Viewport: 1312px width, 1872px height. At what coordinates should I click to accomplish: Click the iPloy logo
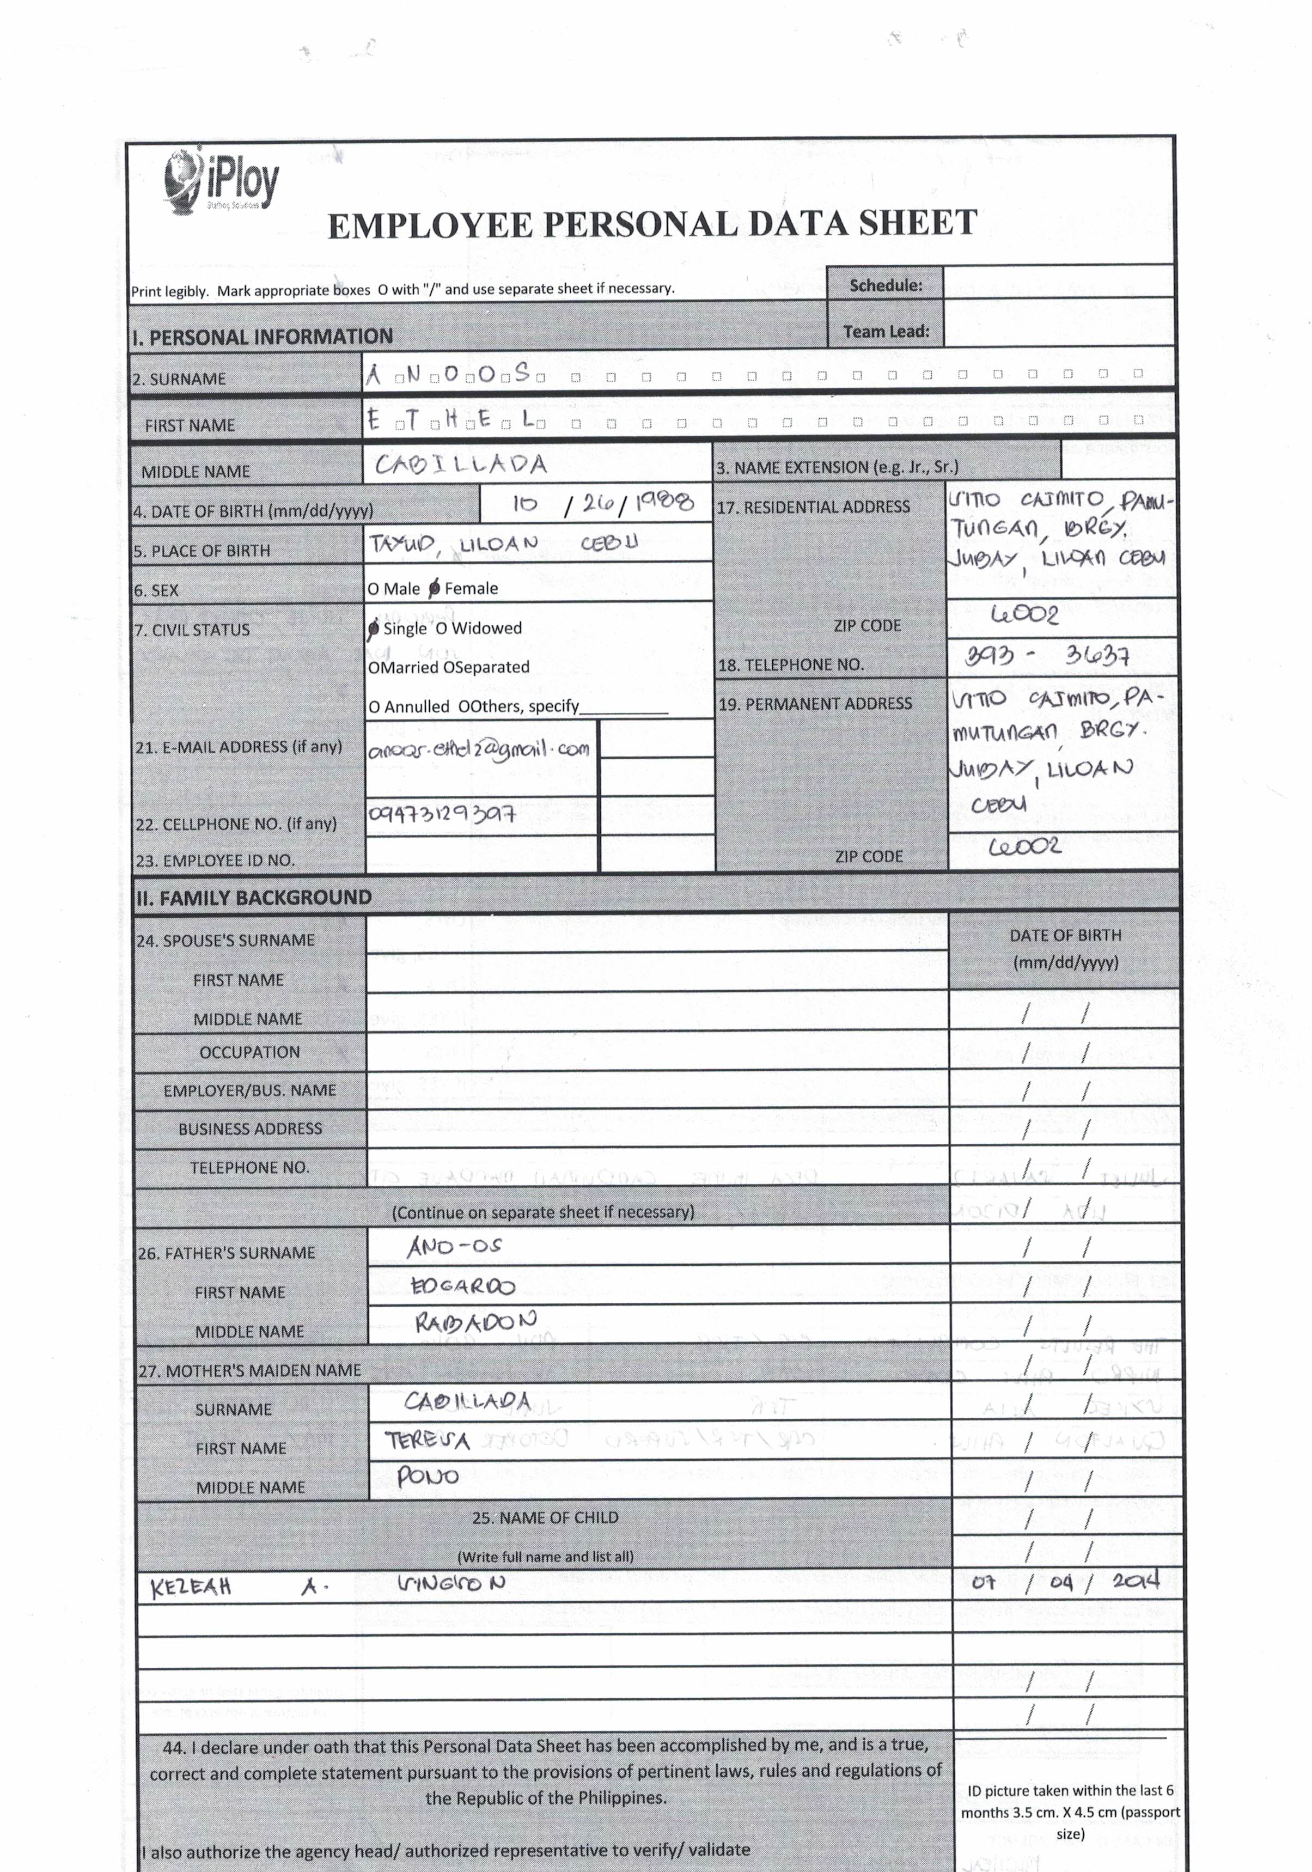coord(221,181)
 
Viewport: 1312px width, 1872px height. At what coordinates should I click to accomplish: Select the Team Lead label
coord(886,332)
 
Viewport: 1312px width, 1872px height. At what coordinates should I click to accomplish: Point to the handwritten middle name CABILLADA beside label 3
coord(461,465)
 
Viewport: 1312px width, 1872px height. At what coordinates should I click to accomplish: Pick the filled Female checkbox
coord(435,588)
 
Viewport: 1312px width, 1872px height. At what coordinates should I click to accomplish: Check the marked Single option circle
coord(374,629)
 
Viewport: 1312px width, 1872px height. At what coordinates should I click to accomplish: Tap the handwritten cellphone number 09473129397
coord(441,814)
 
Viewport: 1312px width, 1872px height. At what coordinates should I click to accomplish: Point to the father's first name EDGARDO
coord(462,1286)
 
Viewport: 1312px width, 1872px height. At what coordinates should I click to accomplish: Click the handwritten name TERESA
coord(428,1441)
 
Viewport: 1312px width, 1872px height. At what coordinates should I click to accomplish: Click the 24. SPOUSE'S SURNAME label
coord(225,940)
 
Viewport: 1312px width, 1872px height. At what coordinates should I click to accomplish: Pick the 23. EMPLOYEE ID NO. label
coord(215,860)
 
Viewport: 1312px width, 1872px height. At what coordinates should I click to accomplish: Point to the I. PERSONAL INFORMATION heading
coord(263,337)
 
